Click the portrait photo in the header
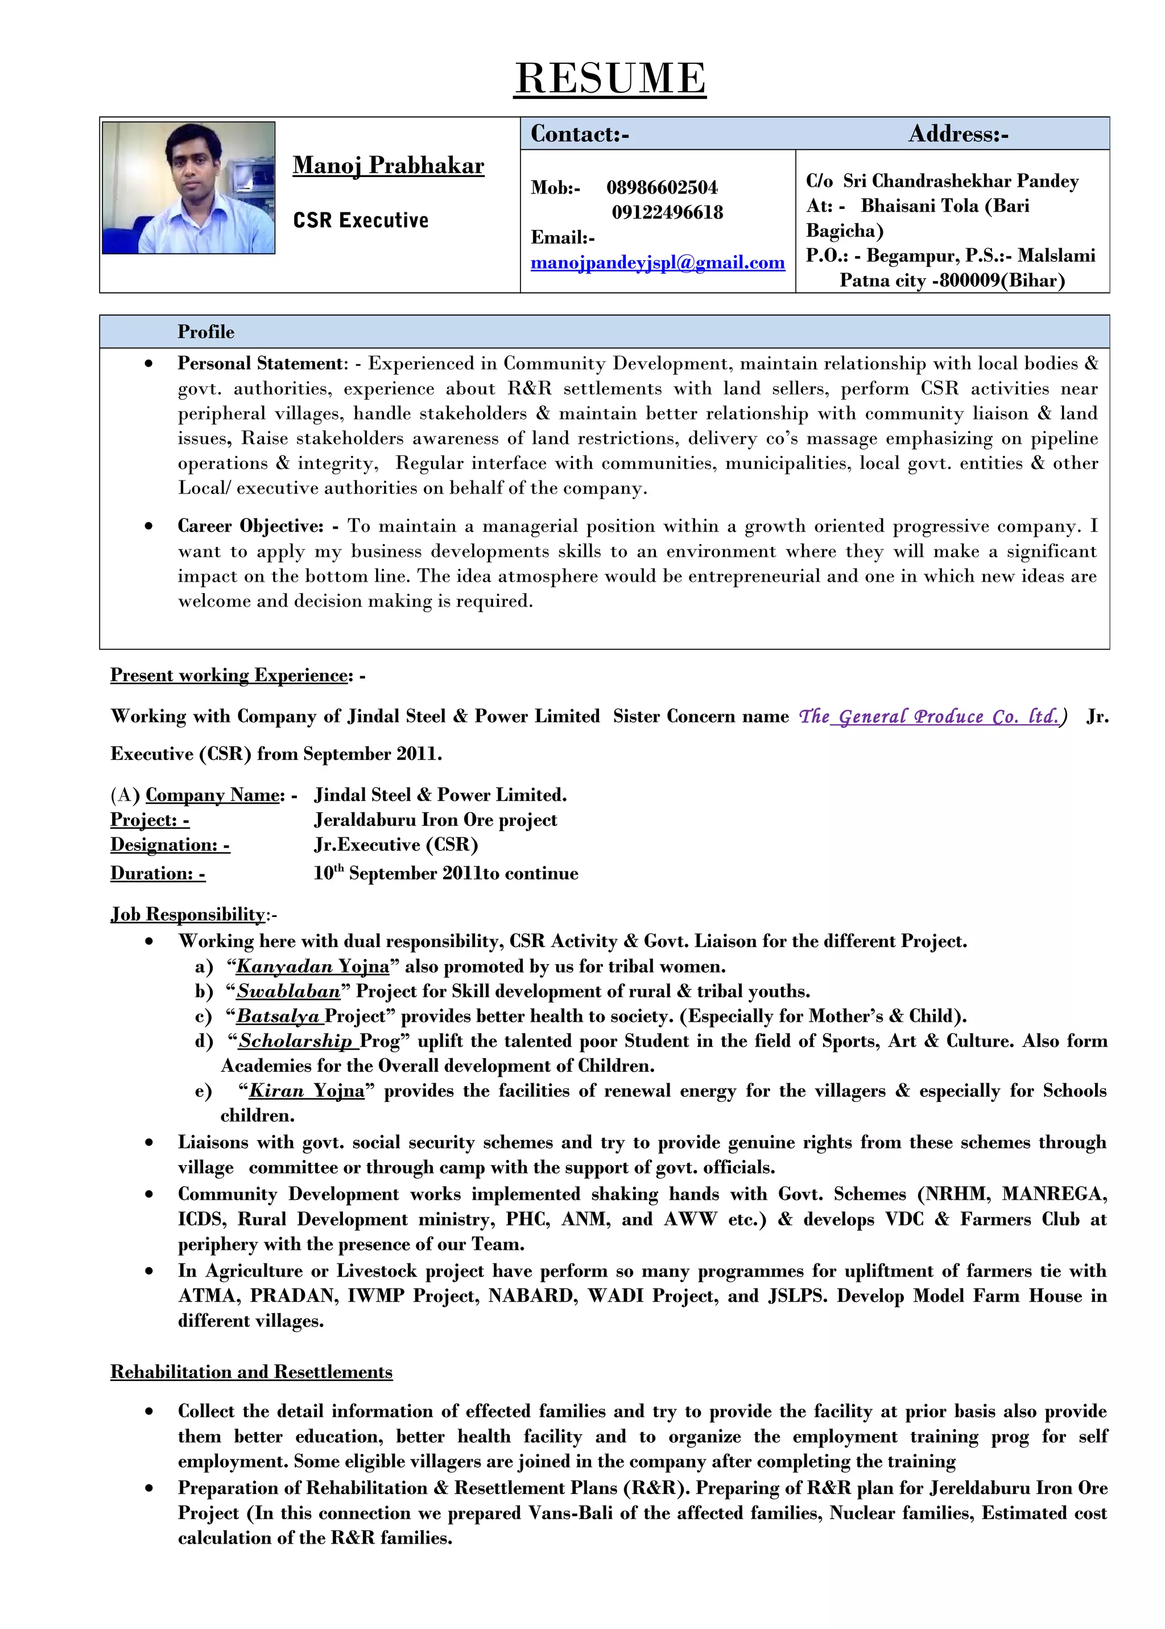click(x=189, y=188)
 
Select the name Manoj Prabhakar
click(x=388, y=166)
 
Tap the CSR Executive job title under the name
click(x=360, y=220)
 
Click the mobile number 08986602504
click(x=662, y=188)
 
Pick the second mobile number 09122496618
click(x=667, y=212)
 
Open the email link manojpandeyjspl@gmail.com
click(x=657, y=262)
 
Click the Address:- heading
click(x=959, y=134)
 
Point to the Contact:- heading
click(x=580, y=134)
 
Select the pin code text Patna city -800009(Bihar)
click(x=952, y=281)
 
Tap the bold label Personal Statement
click(x=262, y=363)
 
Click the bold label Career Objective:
click(x=251, y=526)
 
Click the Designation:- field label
click(x=170, y=845)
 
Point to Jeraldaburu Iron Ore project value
click(x=435, y=820)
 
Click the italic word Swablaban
click(x=288, y=991)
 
